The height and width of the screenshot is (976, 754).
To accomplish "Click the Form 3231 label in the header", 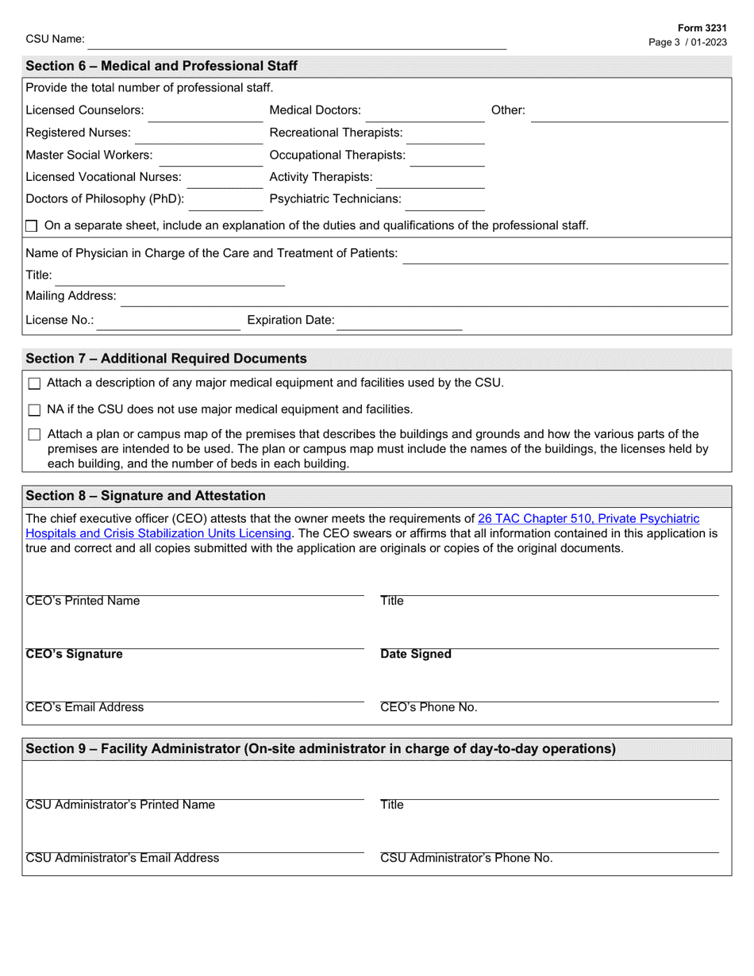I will click(x=702, y=27).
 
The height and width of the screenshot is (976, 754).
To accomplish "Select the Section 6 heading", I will click(x=162, y=66).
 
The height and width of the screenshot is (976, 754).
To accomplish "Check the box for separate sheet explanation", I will click(x=32, y=226).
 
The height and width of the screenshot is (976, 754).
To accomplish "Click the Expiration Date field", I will click(x=401, y=321).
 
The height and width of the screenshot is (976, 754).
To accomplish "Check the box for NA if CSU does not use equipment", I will click(x=34, y=410).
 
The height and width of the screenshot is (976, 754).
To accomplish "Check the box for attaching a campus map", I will click(x=34, y=435).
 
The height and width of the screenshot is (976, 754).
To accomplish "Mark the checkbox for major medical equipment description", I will click(x=34, y=384).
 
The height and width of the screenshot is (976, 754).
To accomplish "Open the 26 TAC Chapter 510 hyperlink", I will click(x=588, y=519).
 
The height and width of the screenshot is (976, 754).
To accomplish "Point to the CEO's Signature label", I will click(x=75, y=655).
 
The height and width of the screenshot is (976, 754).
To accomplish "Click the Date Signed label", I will click(x=416, y=655).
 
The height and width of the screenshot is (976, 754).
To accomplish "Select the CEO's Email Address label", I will click(x=85, y=708).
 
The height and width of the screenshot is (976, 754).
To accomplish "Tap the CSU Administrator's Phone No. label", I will click(x=467, y=859).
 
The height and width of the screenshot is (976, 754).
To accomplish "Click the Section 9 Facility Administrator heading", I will click(x=321, y=749).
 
